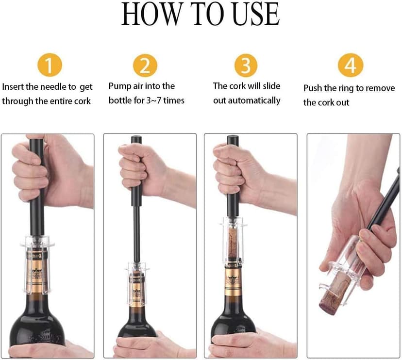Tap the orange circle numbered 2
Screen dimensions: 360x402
pyautogui.click(x=145, y=65)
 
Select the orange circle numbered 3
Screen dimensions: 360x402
pyautogui.click(x=246, y=65)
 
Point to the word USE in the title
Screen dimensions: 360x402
pyautogui.click(x=257, y=15)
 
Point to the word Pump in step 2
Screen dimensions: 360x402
pyautogui.click(x=118, y=86)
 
